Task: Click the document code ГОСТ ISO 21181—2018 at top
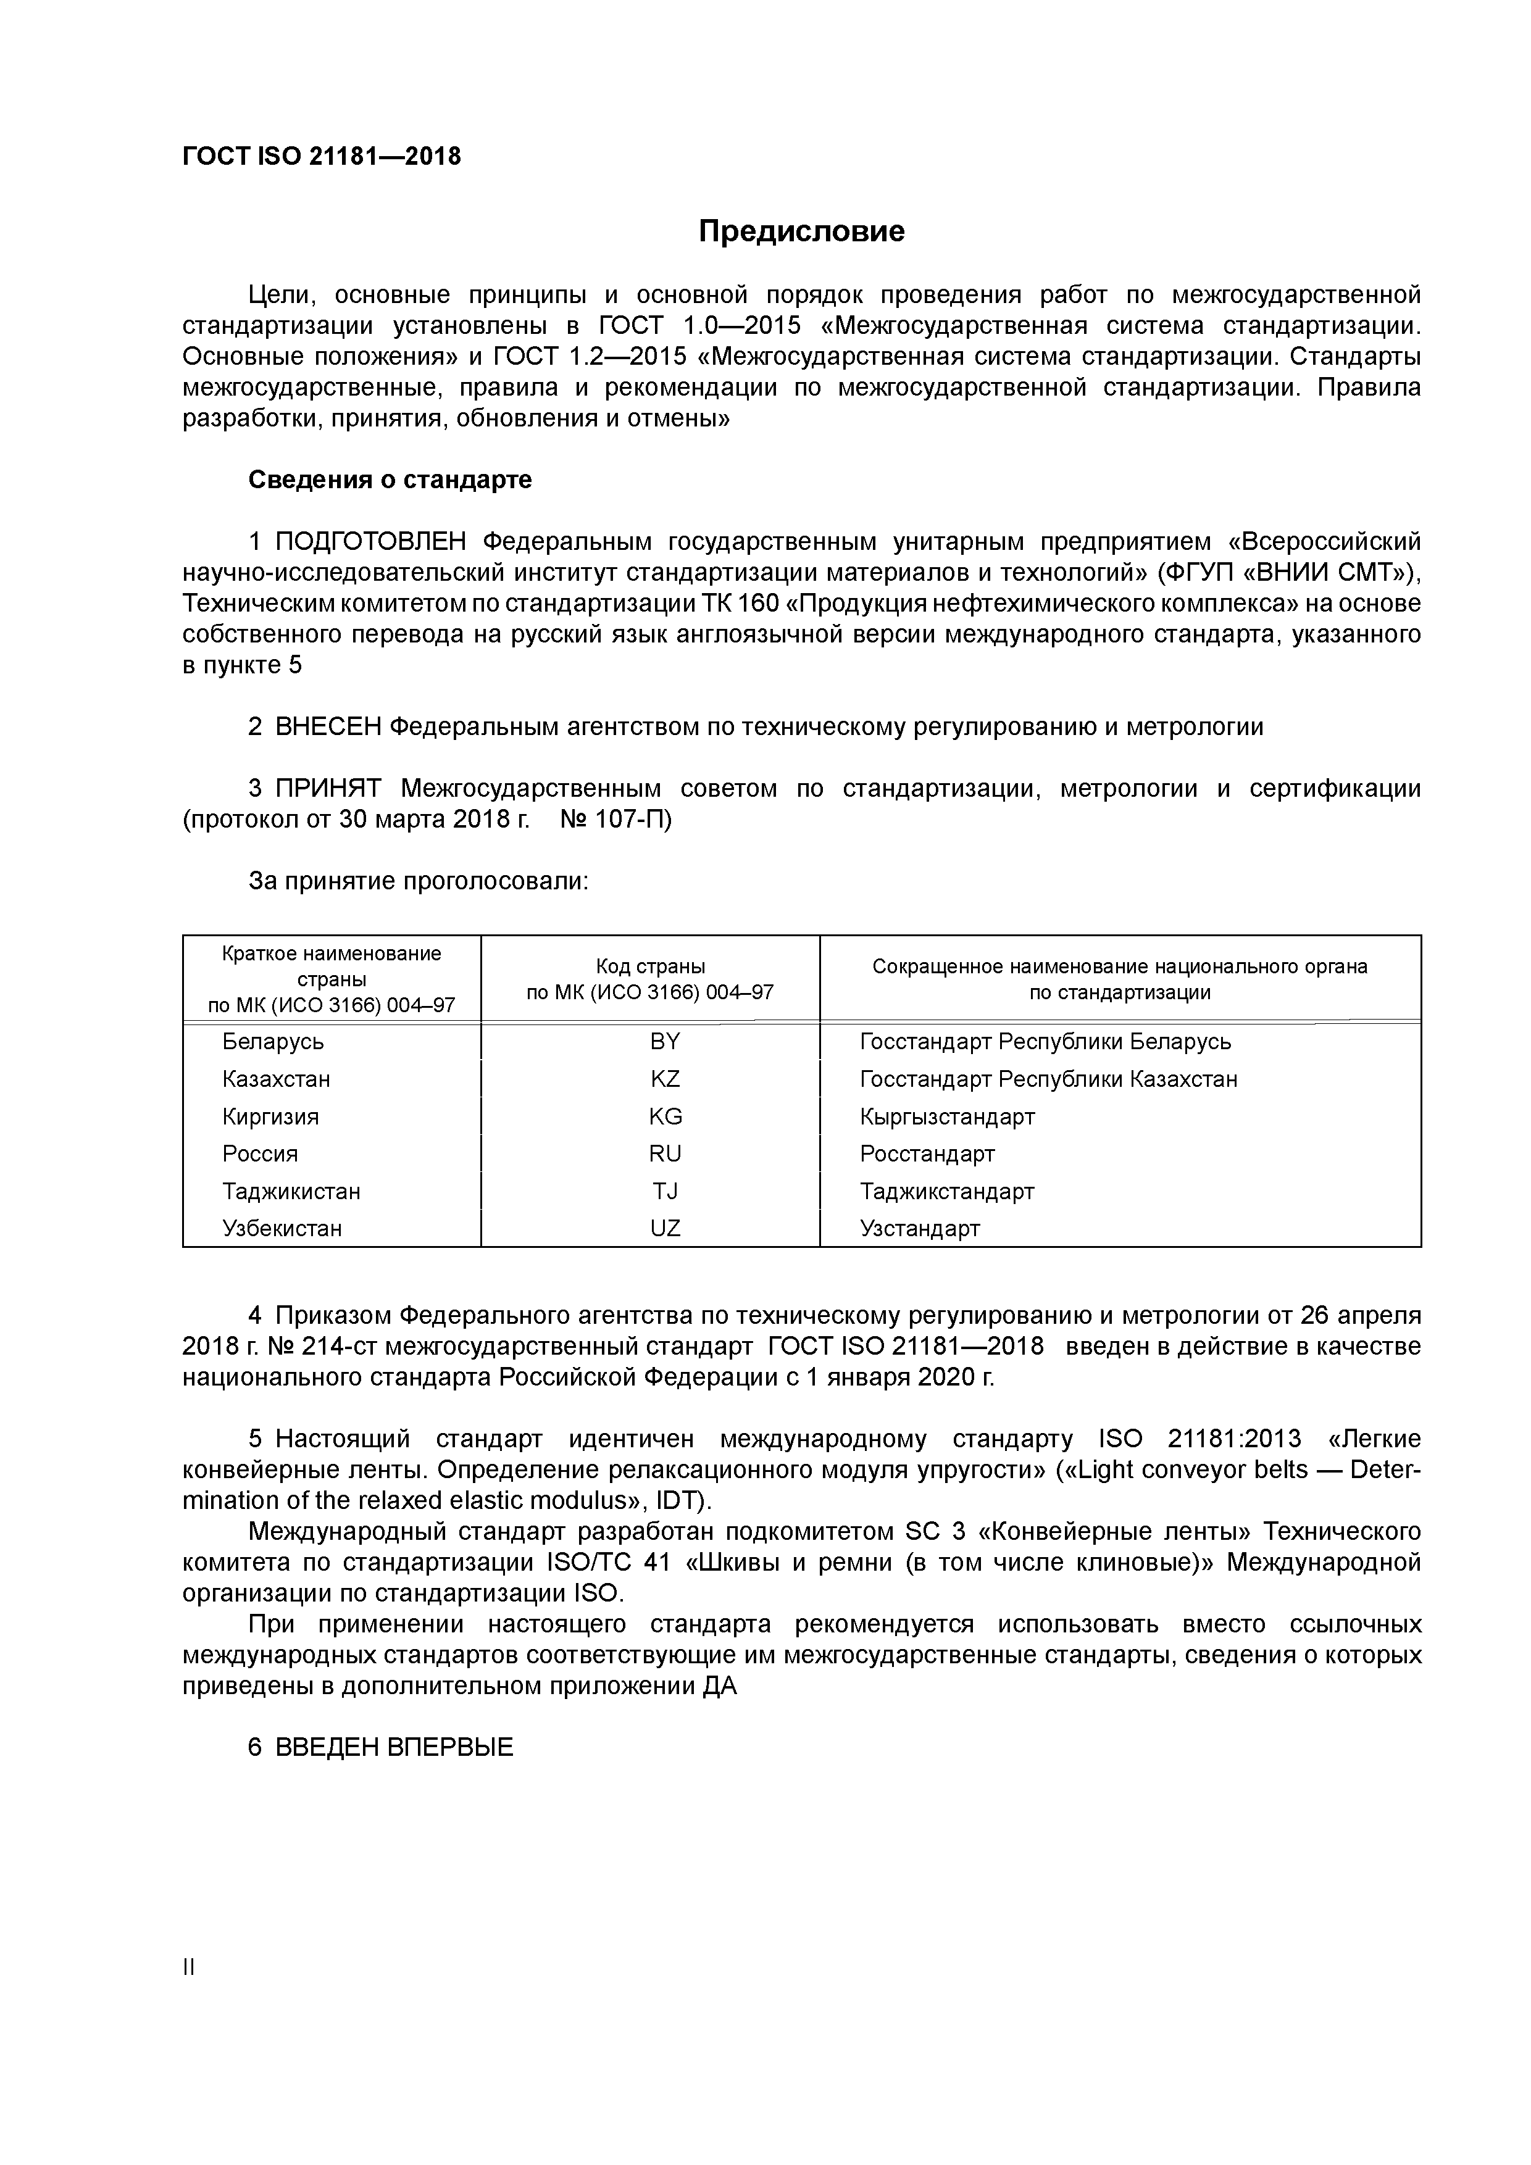click(322, 157)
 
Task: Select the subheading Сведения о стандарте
click(390, 480)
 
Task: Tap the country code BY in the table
click(664, 1041)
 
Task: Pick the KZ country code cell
click(664, 1079)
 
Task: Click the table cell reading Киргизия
click(271, 1116)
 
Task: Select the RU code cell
click(664, 1153)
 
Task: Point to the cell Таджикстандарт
click(946, 1191)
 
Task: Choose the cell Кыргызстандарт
click(947, 1116)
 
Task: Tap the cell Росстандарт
click(927, 1153)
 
